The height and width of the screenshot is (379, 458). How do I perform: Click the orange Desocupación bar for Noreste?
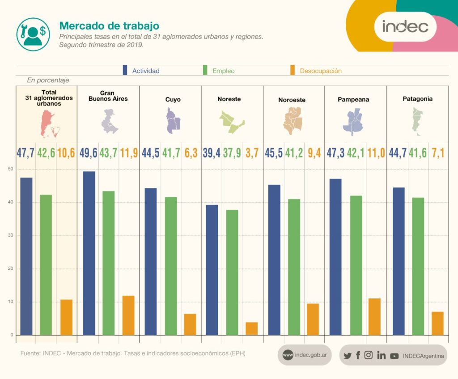tap(251, 328)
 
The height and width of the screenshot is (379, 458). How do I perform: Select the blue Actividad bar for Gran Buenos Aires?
tap(89, 253)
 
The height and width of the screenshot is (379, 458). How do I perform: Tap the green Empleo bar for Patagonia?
tap(418, 266)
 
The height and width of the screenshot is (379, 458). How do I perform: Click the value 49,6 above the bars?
tap(89, 153)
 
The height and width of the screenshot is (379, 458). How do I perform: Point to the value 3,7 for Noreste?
tap(252, 153)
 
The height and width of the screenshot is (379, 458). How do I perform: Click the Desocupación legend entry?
tap(320, 71)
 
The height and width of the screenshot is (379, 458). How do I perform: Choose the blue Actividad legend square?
tap(125, 71)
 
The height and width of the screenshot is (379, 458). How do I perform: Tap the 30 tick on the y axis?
tap(11, 235)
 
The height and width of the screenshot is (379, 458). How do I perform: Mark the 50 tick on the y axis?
tap(11, 169)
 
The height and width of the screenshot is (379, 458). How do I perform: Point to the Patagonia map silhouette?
tap(416, 122)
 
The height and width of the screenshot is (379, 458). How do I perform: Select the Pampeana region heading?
tap(353, 99)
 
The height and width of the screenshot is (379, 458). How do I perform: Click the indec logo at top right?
tap(405, 26)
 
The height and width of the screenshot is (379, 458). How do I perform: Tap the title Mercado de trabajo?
tap(109, 26)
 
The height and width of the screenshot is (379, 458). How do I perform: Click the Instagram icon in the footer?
tap(369, 355)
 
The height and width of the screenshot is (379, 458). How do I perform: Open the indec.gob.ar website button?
tap(304, 355)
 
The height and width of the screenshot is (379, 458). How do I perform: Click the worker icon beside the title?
tap(33, 34)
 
